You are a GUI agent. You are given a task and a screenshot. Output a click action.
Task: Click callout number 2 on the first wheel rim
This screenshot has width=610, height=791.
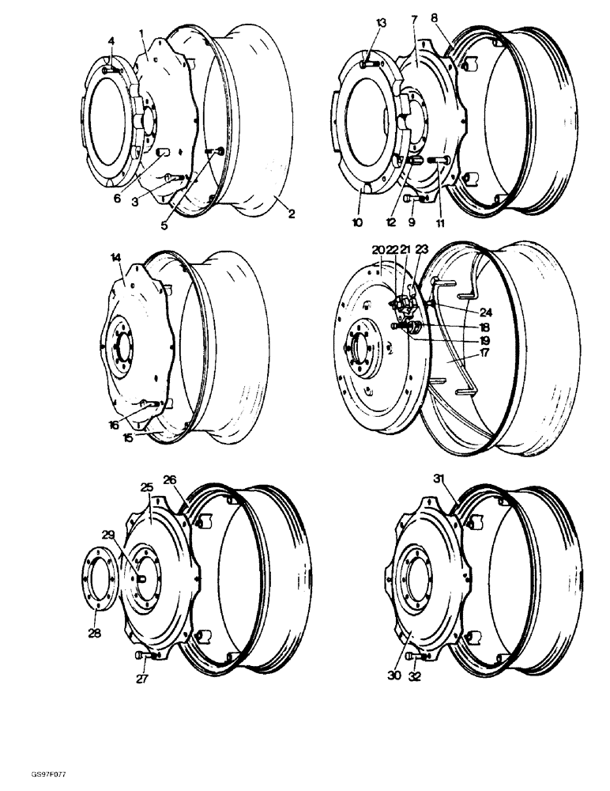(292, 214)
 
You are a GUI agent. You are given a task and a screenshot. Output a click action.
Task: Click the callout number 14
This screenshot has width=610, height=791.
(116, 258)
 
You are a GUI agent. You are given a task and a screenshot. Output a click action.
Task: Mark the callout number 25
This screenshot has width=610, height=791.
(146, 488)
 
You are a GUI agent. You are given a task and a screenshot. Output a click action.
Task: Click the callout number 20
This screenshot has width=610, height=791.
(377, 250)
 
